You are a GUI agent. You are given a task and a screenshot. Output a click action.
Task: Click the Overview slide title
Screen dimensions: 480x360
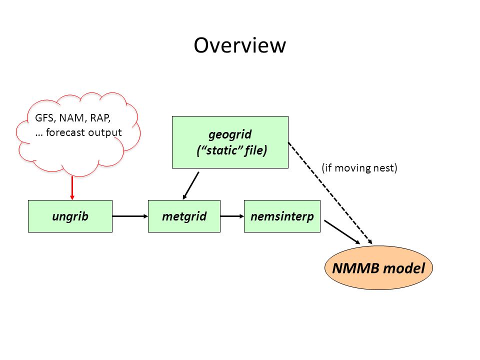click(239, 45)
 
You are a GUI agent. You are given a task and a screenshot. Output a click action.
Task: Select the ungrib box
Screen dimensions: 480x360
click(70, 216)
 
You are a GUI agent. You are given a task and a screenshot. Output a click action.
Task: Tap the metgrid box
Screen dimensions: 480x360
click(184, 216)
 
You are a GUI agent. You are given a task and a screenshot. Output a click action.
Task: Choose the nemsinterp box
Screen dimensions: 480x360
click(282, 216)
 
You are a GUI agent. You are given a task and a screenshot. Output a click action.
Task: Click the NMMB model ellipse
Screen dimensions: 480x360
click(378, 268)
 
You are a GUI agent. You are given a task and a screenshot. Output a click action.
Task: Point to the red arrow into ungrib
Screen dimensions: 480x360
click(72, 188)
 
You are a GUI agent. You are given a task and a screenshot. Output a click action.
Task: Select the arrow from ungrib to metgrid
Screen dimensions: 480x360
click(130, 216)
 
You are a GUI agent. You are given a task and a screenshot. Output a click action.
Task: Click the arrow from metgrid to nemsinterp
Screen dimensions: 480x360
click(232, 216)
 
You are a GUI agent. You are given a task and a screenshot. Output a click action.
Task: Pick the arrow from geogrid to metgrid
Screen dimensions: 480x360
click(190, 185)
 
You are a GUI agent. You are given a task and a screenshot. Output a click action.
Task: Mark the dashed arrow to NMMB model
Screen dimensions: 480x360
click(330, 193)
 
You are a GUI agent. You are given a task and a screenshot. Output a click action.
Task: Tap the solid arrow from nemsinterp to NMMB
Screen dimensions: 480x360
click(342, 232)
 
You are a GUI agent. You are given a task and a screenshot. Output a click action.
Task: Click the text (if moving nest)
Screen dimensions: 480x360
click(359, 168)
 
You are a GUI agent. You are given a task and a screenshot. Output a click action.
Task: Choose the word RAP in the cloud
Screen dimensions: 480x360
click(100, 118)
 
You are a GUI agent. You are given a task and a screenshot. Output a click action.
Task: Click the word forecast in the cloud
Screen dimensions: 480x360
click(65, 132)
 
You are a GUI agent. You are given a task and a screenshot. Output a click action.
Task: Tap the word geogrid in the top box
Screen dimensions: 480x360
click(230, 134)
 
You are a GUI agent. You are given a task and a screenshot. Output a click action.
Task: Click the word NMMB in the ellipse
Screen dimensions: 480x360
click(355, 268)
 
